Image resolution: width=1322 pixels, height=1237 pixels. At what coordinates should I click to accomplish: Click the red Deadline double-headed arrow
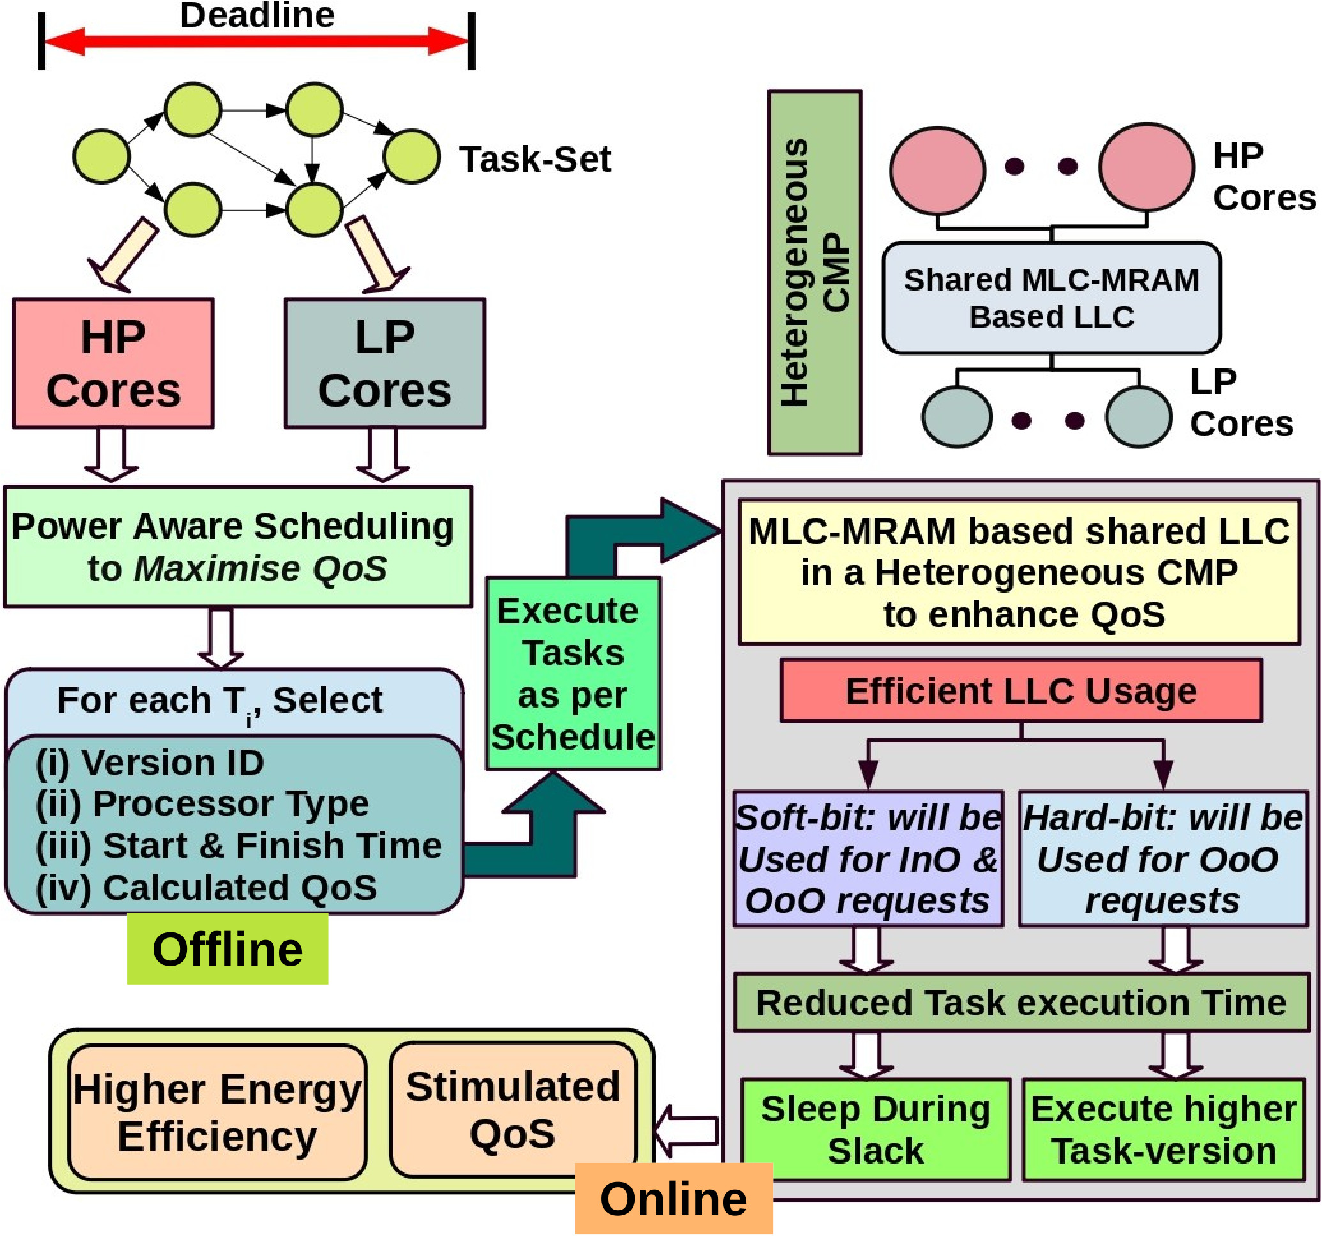[256, 42]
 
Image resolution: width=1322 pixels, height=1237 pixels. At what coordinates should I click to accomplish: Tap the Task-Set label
[535, 160]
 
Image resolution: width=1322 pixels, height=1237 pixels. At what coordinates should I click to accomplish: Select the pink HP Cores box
[113, 363]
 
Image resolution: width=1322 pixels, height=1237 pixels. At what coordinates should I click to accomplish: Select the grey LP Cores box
[384, 363]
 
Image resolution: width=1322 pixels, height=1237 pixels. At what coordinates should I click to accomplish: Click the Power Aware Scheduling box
[237, 546]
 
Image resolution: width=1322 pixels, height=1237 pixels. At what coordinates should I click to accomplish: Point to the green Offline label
[227, 949]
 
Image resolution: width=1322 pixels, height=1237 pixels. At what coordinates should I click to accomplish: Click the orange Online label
[673, 1199]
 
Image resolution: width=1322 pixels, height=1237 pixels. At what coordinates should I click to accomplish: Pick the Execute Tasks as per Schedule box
[573, 673]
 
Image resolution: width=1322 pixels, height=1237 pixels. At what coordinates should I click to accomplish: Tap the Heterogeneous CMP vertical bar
[814, 272]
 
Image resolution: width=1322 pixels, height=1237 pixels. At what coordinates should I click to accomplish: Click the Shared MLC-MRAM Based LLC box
[1051, 298]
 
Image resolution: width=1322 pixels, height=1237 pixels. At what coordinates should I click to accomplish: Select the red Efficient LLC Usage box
[1021, 691]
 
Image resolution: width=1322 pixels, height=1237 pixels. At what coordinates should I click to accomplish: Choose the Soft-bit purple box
[867, 858]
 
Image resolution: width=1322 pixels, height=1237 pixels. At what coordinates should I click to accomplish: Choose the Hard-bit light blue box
[1162, 858]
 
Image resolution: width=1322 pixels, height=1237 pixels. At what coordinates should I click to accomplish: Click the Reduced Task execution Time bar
[1021, 1003]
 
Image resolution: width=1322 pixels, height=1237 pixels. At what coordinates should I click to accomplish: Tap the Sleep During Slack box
[875, 1129]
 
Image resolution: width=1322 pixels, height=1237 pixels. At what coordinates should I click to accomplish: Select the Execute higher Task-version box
[1163, 1129]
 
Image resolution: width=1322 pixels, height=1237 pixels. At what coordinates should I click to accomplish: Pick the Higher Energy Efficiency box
[217, 1112]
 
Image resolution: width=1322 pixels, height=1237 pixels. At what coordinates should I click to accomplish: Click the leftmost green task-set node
[101, 157]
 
